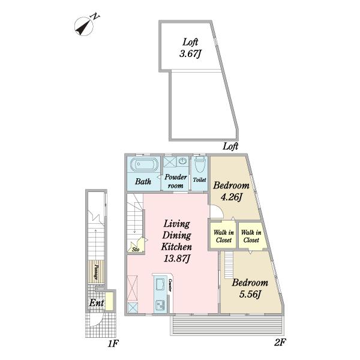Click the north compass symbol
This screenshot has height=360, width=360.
84,26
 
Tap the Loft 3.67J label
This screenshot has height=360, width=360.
190,48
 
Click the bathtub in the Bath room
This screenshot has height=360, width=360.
144,164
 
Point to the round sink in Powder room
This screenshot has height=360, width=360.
182,161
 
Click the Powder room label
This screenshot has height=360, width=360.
176,181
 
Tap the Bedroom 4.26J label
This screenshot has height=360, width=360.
231,191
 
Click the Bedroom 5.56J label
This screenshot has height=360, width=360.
250,289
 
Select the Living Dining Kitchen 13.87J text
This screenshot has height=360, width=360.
176,241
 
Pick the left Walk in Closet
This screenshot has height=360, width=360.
224,236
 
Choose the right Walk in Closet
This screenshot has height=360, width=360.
251,236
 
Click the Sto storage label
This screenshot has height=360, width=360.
136,249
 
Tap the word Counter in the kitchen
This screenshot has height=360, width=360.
170,285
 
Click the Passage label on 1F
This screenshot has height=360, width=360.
97,272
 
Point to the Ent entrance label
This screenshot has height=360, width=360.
97,302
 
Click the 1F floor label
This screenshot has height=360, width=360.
113,343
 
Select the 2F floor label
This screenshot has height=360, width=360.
280,343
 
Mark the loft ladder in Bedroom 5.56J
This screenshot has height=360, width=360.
229,265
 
